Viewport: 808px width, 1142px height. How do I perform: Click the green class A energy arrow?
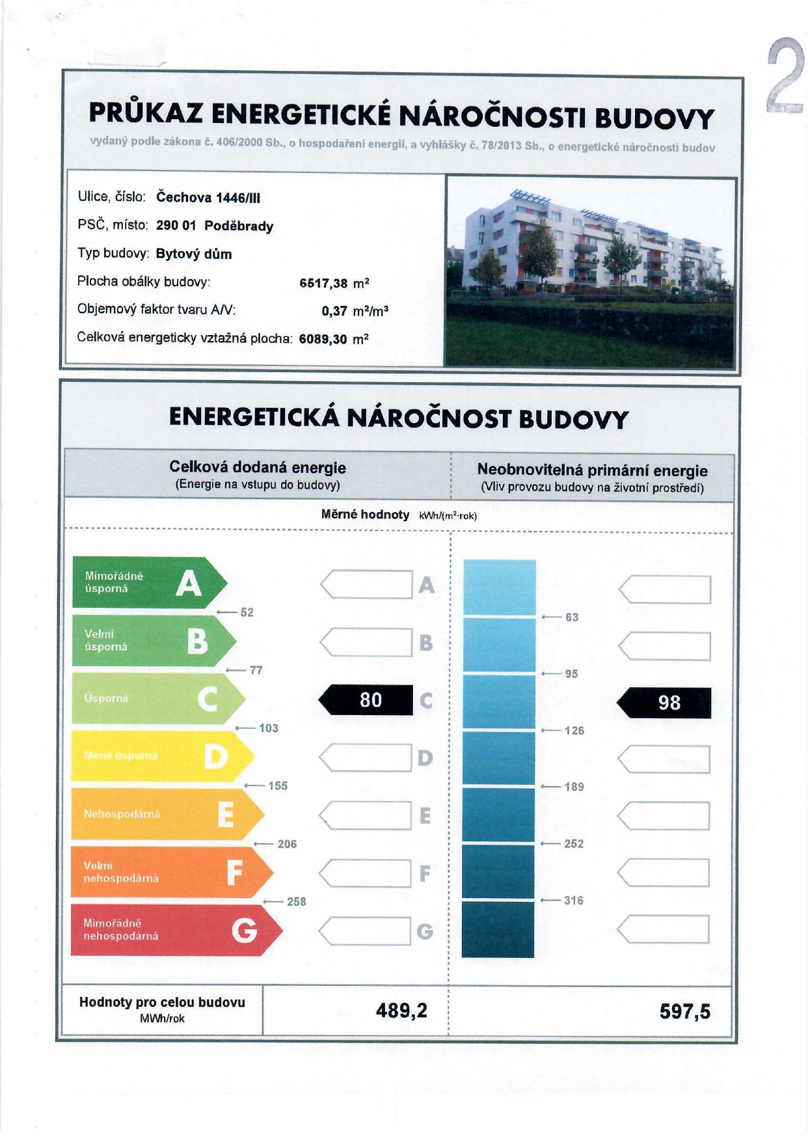pyautogui.click(x=148, y=582)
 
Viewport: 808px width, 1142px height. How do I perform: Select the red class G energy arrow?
pyautogui.click(x=176, y=930)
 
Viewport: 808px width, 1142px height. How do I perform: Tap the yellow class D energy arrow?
pyautogui.click(x=162, y=756)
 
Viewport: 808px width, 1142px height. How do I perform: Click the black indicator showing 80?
pyautogui.click(x=366, y=700)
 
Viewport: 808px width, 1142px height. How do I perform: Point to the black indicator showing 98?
pyautogui.click(x=664, y=703)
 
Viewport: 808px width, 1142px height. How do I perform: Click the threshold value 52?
pyautogui.click(x=247, y=612)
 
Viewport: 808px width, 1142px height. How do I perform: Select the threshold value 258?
pyautogui.click(x=296, y=901)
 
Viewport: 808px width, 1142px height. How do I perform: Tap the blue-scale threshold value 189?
pyautogui.click(x=574, y=787)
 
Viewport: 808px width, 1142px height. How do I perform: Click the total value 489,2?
pyautogui.click(x=401, y=1010)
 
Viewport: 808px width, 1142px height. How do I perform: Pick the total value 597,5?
pyautogui.click(x=684, y=1011)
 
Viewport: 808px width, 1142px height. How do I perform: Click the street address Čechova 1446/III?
pyautogui.click(x=208, y=198)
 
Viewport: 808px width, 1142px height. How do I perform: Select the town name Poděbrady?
pyautogui.click(x=239, y=226)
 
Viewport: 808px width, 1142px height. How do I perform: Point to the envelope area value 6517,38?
pyautogui.click(x=323, y=283)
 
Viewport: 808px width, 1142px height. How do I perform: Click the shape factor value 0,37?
pyautogui.click(x=334, y=311)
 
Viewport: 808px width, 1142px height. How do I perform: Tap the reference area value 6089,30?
pyautogui.click(x=323, y=339)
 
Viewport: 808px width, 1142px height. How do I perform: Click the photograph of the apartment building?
pyautogui.click(x=590, y=271)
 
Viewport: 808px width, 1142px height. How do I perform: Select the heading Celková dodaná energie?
pyautogui.click(x=258, y=467)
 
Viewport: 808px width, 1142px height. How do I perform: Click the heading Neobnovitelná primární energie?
pyautogui.click(x=592, y=470)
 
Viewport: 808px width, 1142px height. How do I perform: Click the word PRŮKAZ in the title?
pyautogui.click(x=147, y=113)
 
